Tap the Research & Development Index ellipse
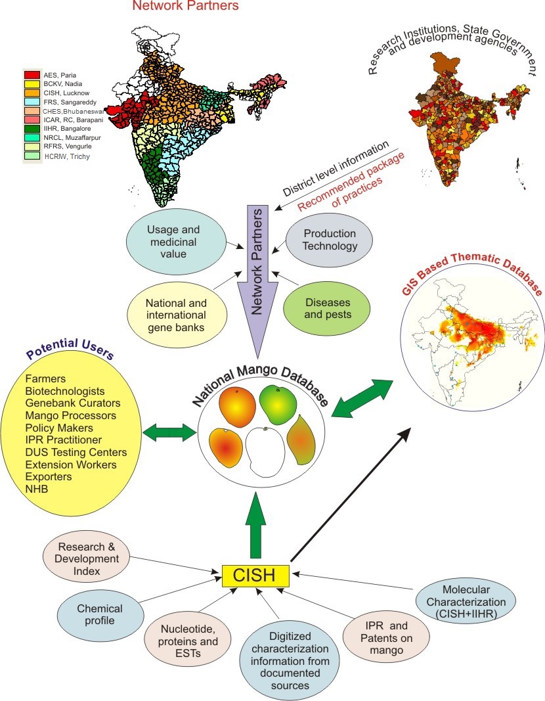pyautogui.click(x=88, y=558)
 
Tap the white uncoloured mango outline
pyautogui.click(x=265, y=454)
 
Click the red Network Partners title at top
pyautogui.click(x=185, y=7)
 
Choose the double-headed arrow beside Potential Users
pyautogui.click(x=169, y=432)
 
